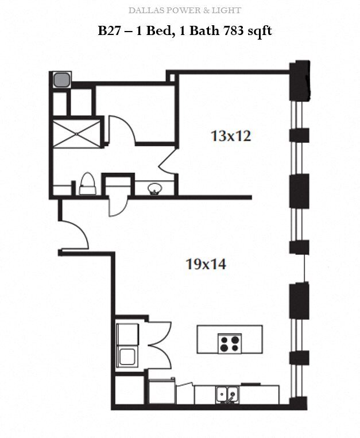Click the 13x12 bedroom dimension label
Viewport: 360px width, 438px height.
coord(231,137)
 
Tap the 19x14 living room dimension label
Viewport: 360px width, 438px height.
coord(206,264)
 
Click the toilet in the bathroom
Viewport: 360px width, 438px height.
coord(87,184)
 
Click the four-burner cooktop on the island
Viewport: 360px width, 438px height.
coord(229,343)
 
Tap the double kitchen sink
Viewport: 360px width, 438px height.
coord(228,394)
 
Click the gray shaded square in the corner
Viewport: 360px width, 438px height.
coord(60,79)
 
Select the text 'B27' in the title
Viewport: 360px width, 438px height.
coord(111,30)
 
